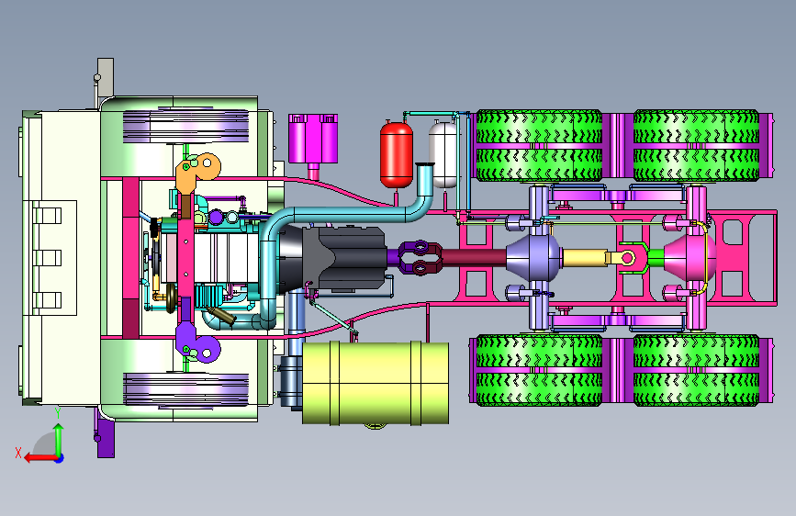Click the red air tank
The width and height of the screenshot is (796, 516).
click(397, 154)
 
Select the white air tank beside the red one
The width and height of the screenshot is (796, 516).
click(443, 154)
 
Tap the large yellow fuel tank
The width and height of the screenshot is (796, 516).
click(376, 383)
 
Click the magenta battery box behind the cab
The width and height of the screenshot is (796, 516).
click(313, 139)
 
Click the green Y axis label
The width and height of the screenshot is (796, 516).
click(58, 413)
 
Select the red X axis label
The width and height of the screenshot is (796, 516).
click(18, 453)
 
